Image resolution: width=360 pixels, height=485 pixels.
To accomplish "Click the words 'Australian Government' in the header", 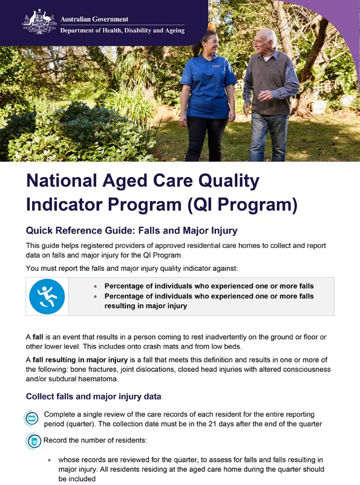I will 94,19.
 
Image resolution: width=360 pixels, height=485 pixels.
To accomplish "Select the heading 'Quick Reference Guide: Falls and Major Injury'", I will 131,230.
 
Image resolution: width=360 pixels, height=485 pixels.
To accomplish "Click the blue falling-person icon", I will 47,296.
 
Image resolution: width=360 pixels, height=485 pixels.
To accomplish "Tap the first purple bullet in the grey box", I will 95,286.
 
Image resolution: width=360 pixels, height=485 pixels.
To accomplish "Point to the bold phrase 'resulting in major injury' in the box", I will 146,306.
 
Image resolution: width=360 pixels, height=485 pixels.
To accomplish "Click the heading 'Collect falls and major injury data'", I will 93,397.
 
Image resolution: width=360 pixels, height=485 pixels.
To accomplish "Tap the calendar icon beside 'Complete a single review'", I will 32,418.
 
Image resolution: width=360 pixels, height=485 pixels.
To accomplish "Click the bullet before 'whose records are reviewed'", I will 51,460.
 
